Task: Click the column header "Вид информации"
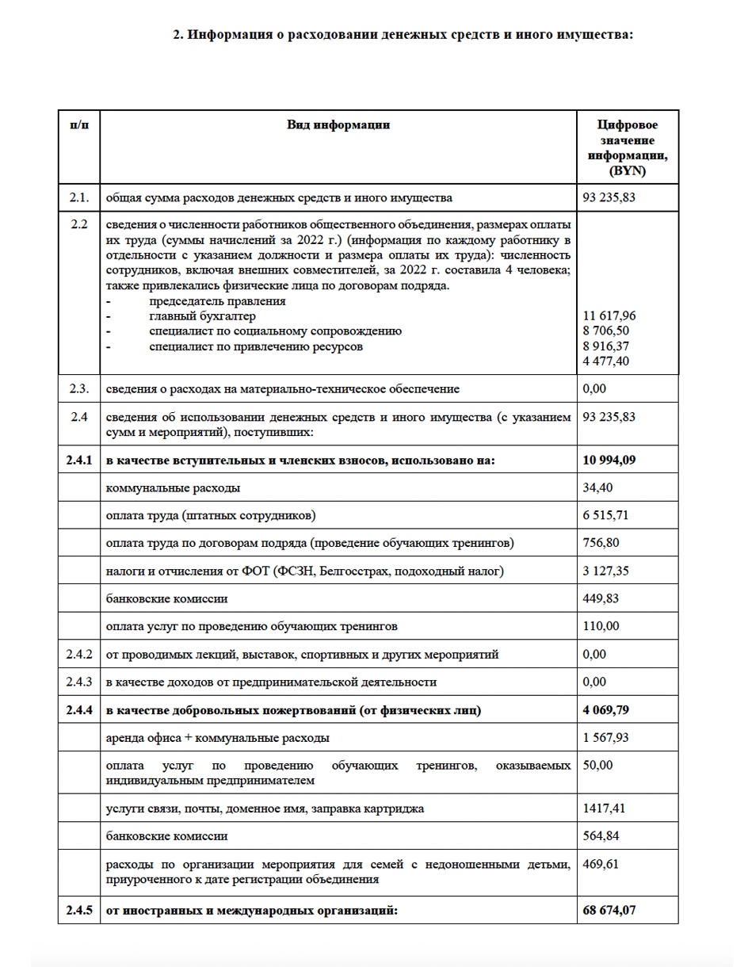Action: [x=338, y=124]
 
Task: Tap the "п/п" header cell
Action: [x=78, y=124]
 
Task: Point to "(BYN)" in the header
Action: [x=628, y=170]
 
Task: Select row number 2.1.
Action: [x=78, y=197]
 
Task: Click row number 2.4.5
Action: [x=78, y=911]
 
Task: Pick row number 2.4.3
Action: [x=78, y=682]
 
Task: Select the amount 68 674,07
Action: [x=609, y=911]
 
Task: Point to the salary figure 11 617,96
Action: [x=609, y=315]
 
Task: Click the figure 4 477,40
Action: [x=605, y=361]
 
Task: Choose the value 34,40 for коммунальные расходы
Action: [x=597, y=488]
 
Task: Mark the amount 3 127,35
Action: [x=605, y=571]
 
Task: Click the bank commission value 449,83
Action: [x=599, y=599]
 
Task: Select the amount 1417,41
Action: [x=602, y=809]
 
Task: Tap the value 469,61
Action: [x=599, y=864]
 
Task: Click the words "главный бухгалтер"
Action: [x=202, y=316]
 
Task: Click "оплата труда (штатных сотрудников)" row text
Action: [x=210, y=516]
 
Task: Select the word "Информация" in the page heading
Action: [x=225, y=34]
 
